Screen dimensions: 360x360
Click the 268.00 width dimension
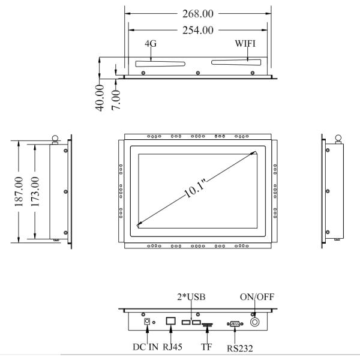tap(197, 14)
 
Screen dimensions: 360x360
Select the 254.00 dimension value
tap(197, 31)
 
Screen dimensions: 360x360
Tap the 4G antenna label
tap(151, 43)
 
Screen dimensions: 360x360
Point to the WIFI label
tap(245, 43)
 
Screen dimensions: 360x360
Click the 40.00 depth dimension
tap(100, 98)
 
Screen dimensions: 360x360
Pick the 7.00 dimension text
tap(116, 100)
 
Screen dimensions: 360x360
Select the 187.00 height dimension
tap(19, 191)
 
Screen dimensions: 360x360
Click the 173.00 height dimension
tap(35, 191)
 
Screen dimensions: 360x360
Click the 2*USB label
tap(191, 297)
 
